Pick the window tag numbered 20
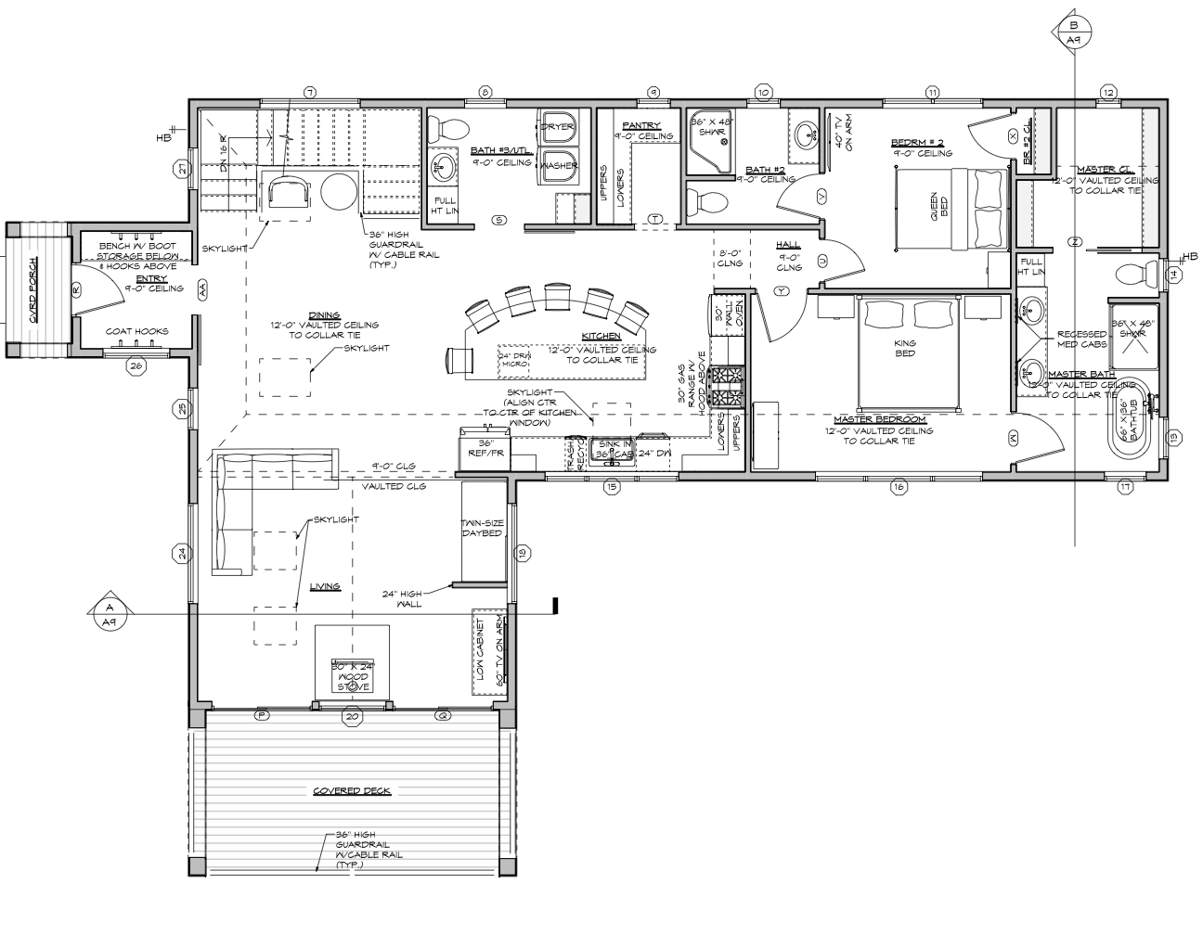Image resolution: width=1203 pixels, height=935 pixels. (x=352, y=716)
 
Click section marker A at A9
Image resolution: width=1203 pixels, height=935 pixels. (x=109, y=613)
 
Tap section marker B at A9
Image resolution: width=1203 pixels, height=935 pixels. (x=1074, y=32)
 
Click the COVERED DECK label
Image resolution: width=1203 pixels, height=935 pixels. (x=351, y=791)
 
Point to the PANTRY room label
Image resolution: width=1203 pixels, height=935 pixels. (x=641, y=125)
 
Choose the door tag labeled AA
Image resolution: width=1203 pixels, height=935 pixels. (x=203, y=288)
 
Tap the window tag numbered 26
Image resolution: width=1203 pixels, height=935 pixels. (x=136, y=365)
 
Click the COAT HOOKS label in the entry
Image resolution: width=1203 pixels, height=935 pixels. (x=136, y=331)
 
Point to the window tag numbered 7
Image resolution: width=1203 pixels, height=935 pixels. (x=310, y=92)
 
